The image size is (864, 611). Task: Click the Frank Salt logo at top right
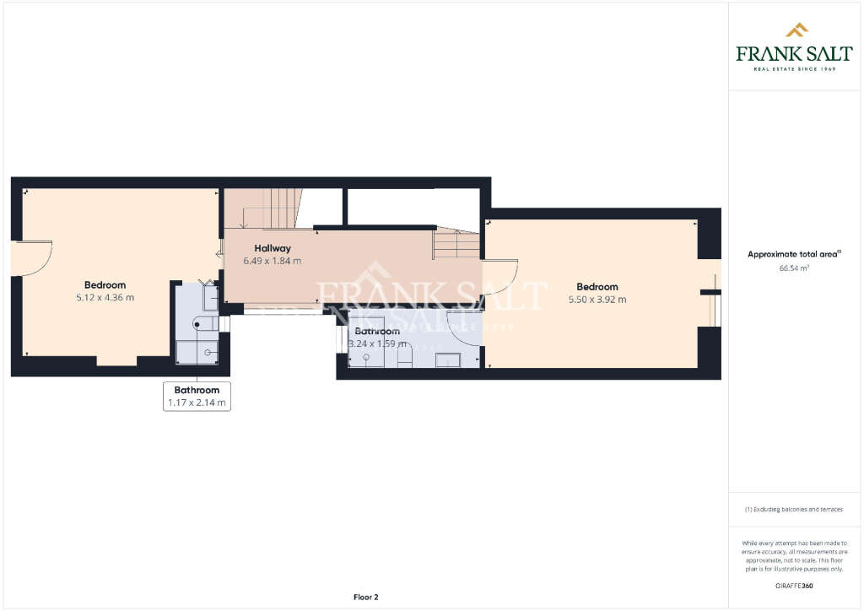pos(794,47)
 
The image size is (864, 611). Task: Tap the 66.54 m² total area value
pos(794,268)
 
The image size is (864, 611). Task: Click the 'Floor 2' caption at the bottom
pos(365,597)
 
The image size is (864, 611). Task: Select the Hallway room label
pos(273,248)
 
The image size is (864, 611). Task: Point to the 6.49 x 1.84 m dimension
pos(272,261)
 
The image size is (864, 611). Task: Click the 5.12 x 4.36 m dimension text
pos(105,297)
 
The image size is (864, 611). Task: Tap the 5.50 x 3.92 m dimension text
pos(597,299)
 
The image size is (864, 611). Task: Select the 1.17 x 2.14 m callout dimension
pos(197,403)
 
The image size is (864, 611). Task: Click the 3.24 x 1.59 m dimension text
pos(377,343)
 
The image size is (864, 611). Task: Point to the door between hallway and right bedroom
pos(500,276)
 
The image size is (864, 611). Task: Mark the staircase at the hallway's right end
pos(456,245)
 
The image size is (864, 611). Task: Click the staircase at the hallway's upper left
pos(270,208)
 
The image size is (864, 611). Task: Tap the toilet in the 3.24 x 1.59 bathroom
pos(404,357)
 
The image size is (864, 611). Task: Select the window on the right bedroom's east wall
pos(715,308)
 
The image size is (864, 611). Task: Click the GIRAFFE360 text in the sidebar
pos(793,585)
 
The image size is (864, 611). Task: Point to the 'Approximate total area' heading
pos(794,254)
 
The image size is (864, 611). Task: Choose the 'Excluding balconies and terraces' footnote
pos(793,510)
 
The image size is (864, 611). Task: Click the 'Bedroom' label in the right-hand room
pos(597,287)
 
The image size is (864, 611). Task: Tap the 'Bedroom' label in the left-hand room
pos(105,285)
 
